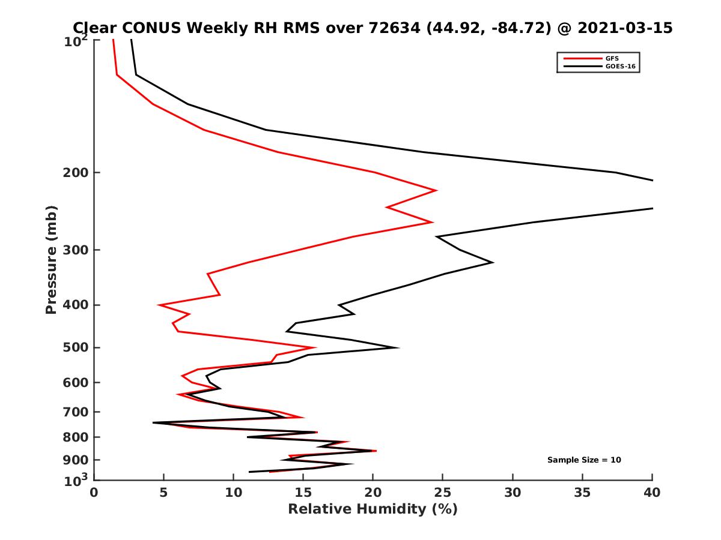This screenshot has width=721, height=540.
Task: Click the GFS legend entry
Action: [x=611, y=58]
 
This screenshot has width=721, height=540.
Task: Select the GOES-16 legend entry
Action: [x=618, y=66]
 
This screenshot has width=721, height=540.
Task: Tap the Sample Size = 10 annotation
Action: [x=583, y=460]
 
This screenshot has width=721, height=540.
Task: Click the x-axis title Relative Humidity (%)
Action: [x=373, y=509]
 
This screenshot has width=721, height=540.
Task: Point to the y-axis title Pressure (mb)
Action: [x=51, y=260]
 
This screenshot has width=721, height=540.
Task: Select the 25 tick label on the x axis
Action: [x=443, y=493]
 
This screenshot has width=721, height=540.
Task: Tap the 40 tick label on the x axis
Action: [x=652, y=493]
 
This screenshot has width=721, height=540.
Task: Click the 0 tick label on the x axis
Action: [x=94, y=493]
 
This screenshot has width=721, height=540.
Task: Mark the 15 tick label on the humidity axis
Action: [x=303, y=493]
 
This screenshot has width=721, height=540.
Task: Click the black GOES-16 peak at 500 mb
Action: [x=398, y=347]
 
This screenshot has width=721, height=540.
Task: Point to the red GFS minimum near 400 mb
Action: [x=159, y=305]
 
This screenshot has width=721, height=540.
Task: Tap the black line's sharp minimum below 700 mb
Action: [x=153, y=422]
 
